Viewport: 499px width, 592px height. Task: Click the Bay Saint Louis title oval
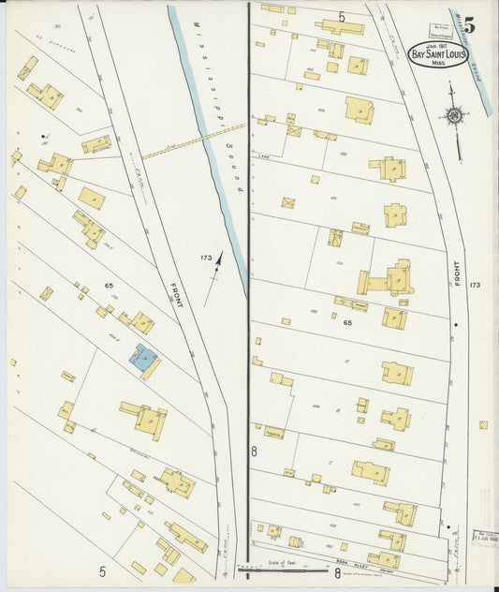coord(439,55)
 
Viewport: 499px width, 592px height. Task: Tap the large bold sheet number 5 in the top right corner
coord(468,25)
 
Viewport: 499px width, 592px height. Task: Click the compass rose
coord(455,117)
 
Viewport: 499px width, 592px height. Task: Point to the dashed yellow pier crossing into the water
coord(193,141)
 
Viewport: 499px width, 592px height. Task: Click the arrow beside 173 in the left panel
coord(218,265)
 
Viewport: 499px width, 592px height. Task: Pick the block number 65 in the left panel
coord(109,285)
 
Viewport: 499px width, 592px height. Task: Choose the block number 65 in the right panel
coord(347,322)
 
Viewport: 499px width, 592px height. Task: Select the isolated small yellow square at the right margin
coord(483,424)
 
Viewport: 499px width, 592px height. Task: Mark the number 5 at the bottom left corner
coord(103,570)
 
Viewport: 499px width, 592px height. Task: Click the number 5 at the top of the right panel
coord(342,17)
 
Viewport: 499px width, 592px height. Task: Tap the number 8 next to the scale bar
coord(337,570)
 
